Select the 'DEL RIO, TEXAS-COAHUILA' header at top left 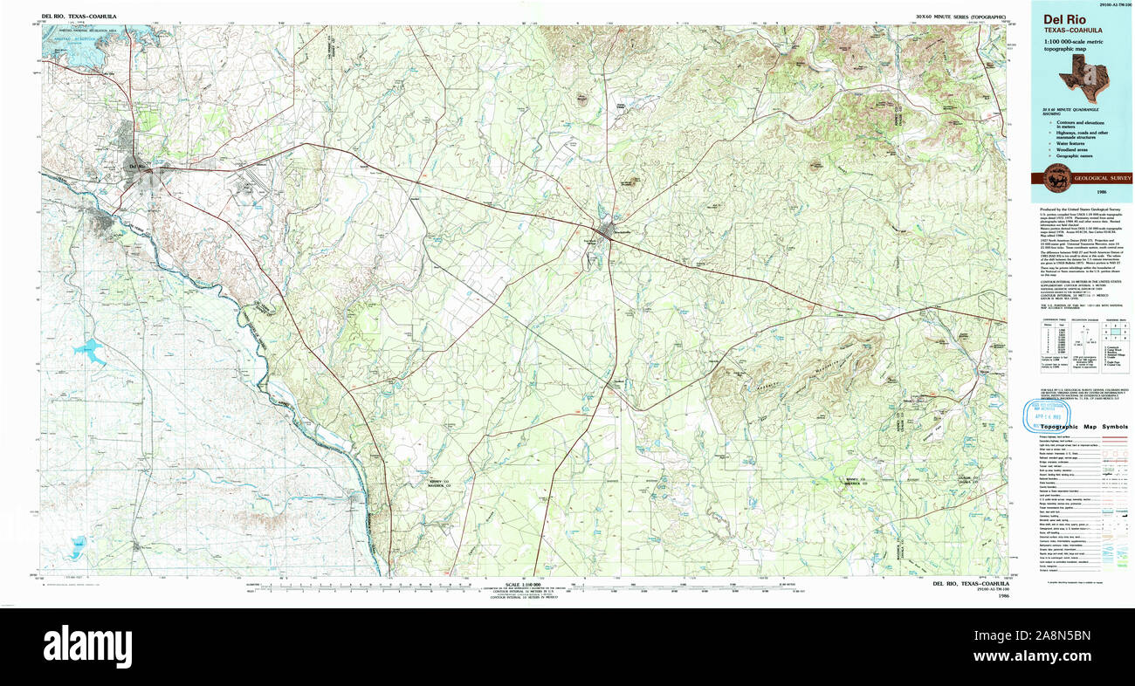tap(79, 17)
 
